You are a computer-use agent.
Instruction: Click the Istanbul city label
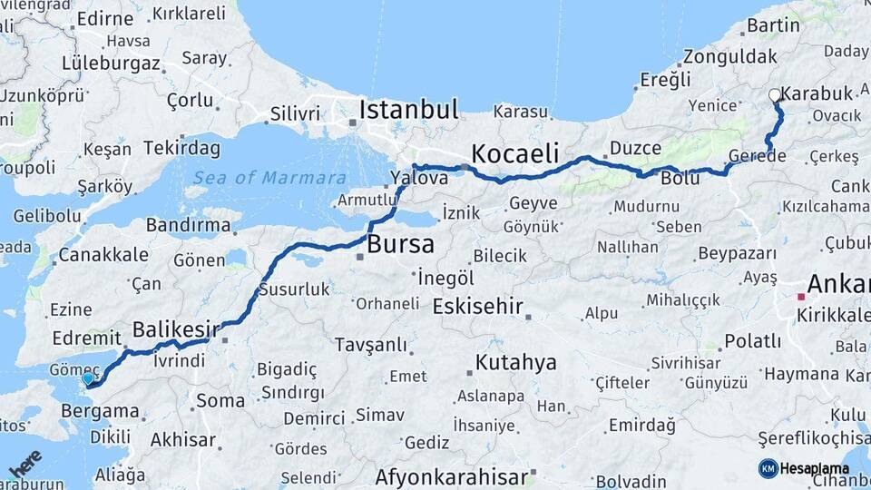click(409, 110)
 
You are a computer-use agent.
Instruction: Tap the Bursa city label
click(400, 244)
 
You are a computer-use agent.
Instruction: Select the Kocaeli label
click(514, 152)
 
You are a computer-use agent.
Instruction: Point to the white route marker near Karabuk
click(774, 95)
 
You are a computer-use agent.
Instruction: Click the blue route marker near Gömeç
click(88, 379)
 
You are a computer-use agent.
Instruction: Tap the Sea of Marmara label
click(269, 178)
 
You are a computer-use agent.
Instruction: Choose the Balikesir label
click(177, 328)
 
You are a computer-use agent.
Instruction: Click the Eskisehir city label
click(478, 306)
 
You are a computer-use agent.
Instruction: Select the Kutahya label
click(515, 363)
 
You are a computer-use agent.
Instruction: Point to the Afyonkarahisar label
click(452, 475)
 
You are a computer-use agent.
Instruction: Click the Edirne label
click(105, 18)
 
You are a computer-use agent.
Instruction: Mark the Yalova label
click(419, 178)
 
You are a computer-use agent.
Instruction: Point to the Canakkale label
click(103, 254)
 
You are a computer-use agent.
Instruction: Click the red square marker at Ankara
click(800, 296)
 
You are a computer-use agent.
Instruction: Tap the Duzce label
click(635, 147)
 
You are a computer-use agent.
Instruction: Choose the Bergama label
click(100, 411)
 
